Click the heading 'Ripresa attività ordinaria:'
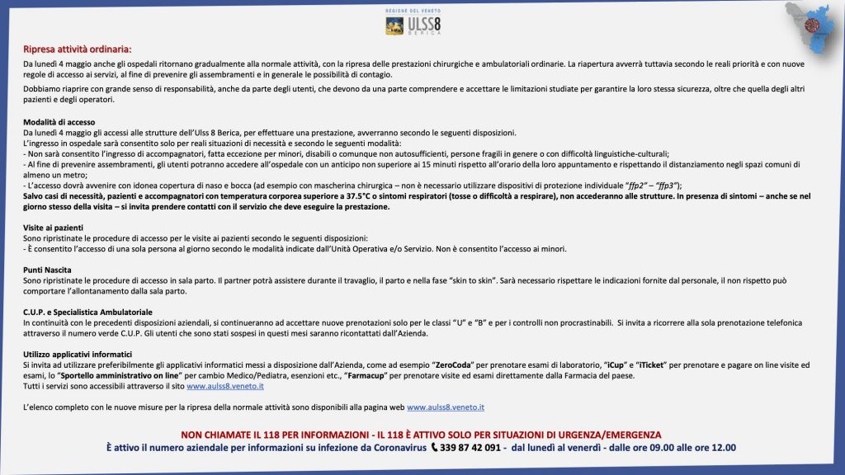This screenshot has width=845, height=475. [77, 49]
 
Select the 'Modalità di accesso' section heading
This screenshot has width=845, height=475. [59, 123]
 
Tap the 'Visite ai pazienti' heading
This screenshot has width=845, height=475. [53, 227]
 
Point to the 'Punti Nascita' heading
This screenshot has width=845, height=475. [47, 270]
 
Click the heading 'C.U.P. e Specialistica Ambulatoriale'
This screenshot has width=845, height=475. [87, 313]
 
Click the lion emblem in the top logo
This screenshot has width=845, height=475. [394, 26]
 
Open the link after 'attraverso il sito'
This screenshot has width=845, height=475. [225, 386]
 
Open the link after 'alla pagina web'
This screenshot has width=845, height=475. [446, 407]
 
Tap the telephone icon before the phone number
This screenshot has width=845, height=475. [436, 448]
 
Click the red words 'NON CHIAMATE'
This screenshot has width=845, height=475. [215, 435]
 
